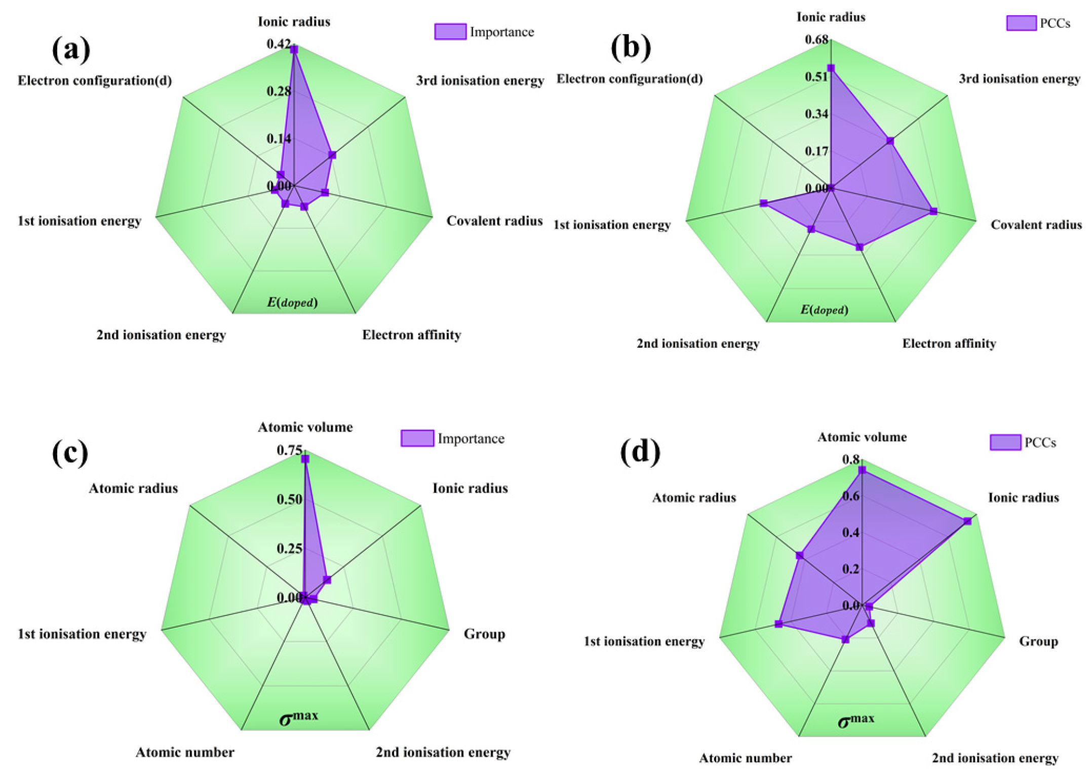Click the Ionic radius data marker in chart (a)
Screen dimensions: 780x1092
(294, 49)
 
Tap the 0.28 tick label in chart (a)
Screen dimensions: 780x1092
(279, 91)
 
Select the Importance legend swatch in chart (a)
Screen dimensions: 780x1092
(450, 31)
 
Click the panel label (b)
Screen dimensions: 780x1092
(631, 48)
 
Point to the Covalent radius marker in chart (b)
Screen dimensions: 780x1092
(933, 211)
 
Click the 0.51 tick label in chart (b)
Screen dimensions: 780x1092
(816, 76)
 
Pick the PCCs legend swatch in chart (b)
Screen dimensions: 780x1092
(1021, 23)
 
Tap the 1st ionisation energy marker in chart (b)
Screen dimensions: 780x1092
(764, 203)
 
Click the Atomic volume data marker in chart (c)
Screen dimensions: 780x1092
(305, 459)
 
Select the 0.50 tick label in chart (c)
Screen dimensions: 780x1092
(289, 500)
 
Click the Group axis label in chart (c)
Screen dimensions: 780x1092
(484, 634)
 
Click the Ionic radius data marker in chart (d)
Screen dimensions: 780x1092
(967, 521)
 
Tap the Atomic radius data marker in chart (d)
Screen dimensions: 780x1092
(799, 556)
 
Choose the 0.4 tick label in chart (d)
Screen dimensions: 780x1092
(851, 532)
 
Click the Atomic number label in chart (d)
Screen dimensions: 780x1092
(745, 758)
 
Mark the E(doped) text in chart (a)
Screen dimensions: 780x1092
(292, 303)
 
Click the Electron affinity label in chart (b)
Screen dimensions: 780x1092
(949, 344)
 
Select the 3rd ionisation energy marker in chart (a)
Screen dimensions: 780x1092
(332, 155)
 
